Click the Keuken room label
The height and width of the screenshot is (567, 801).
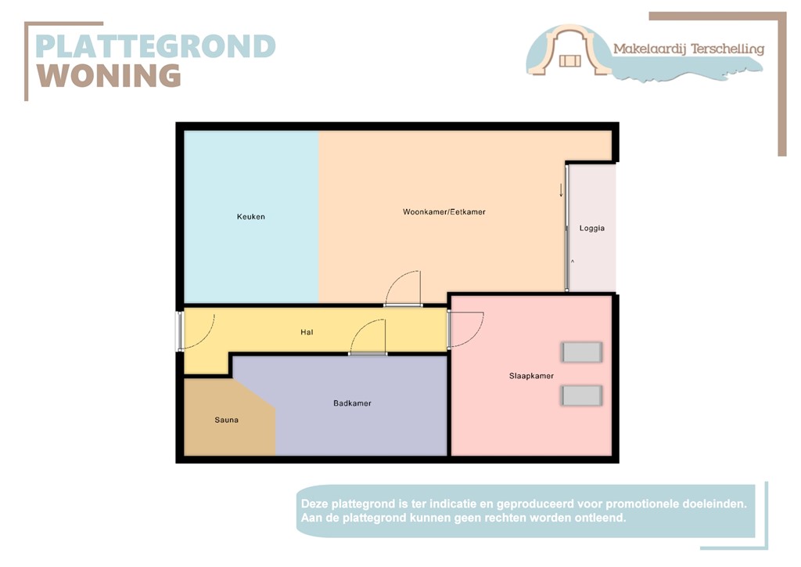click(250, 216)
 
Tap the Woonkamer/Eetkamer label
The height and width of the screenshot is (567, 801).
click(444, 212)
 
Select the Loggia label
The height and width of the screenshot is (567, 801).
click(591, 229)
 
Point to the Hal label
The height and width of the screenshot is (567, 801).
click(307, 332)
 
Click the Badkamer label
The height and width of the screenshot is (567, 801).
click(352, 403)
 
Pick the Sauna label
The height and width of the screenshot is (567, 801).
click(226, 420)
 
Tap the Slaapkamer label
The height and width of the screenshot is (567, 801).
click(526, 376)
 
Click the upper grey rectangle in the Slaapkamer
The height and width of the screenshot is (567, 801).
click(582, 352)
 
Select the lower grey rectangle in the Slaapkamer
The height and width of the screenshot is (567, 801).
click(582, 395)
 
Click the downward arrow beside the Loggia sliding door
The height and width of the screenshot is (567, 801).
click(561, 190)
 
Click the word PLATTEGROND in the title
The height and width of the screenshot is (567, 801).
click(156, 47)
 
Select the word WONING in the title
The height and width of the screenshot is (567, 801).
click(110, 76)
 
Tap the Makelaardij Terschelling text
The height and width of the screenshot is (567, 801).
click(688, 49)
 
